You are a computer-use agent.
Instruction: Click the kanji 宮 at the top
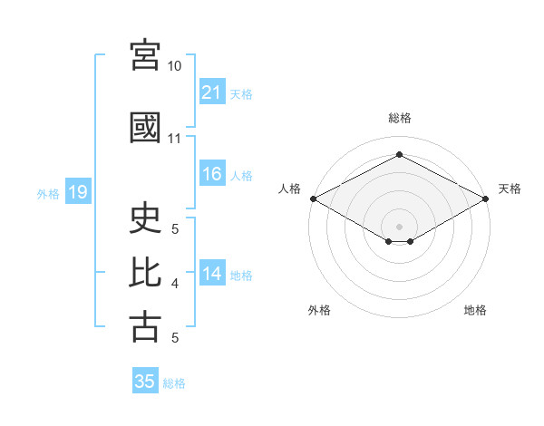[x=145, y=55]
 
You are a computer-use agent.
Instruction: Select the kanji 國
[x=145, y=128]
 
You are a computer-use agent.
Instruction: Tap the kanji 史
[x=145, y=218]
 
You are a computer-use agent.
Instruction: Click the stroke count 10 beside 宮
[x=174, y=66]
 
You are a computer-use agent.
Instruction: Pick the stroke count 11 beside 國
[x=174, y=139]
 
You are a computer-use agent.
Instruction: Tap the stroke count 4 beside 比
[x=175, y=284]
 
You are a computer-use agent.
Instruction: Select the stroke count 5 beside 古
[x=175, y=338]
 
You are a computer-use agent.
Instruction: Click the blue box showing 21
[x=212, y=92]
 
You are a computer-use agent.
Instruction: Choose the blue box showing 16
[x=212, y=173]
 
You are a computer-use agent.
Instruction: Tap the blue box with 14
[x=212, y=272]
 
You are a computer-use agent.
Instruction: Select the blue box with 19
[x=78, y=191]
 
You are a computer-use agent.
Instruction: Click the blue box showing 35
[x=145, y=380]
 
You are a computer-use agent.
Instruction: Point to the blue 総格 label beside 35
[x=174, y=383]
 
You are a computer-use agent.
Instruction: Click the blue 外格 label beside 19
[x=48, y=194]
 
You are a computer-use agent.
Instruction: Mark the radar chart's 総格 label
[x=400, y=118]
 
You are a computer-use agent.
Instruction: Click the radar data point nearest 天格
[x=485, y=198]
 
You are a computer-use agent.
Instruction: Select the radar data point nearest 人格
[x=314, y=198]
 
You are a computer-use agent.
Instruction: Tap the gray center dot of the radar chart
[x=399, y=227]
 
